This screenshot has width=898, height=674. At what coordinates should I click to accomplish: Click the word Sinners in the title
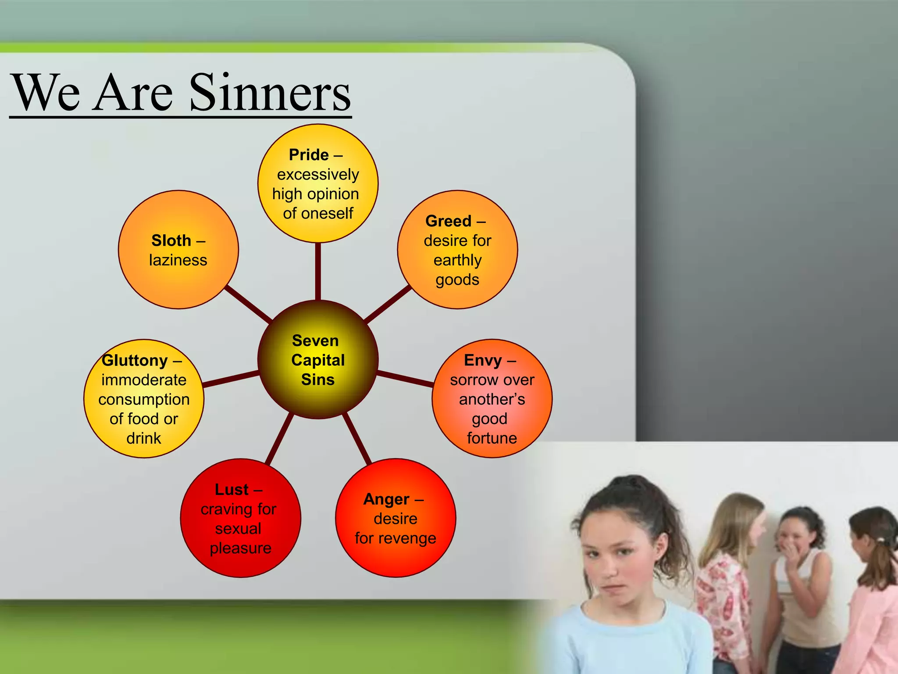coord(270,93)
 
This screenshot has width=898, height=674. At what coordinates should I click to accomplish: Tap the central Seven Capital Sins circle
coord(318,359)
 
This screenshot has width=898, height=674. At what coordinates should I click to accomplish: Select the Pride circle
coord(318,183)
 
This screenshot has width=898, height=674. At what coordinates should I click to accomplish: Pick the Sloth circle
coord(178,249)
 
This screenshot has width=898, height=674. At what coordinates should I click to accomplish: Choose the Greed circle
coord(457,249)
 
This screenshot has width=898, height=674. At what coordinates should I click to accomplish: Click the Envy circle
coord(492,398)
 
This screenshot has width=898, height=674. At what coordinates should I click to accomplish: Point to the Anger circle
coord(396,518)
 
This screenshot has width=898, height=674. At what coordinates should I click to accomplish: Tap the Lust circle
coord(240,518)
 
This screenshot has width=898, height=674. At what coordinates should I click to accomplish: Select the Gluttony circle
coord(144,398)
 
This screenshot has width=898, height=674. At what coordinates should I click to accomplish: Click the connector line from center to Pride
coord(318,271)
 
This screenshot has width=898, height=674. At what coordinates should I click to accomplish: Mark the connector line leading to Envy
coord(405,379)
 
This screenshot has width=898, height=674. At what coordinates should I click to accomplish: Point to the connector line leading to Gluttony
coord(231,379)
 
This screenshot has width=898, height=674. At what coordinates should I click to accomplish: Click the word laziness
coord(178,260)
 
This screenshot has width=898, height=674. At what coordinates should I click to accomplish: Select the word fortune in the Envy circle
coord(492,438)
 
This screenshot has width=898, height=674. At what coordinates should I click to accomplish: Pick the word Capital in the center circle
coord(318,360)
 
